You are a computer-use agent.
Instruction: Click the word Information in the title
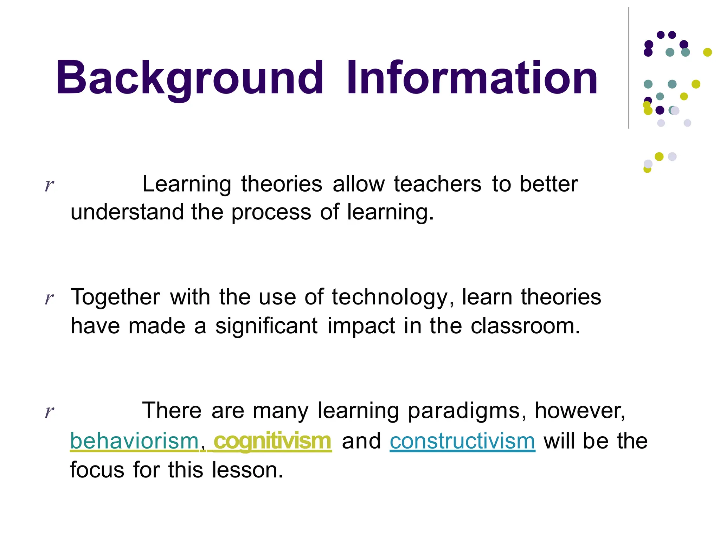point(471,78)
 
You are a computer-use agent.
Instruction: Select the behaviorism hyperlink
point(135,441)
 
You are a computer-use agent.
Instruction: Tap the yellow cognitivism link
point(272,441)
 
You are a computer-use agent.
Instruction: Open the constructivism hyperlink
point(462,441)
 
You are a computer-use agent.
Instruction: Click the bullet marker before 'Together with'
point(49,298)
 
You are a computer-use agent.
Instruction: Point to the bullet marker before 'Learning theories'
point(49,185)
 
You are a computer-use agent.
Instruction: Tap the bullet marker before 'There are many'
point(49,411)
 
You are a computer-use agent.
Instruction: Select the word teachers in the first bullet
point(437,184)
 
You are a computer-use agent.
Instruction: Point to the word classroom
point(525,326)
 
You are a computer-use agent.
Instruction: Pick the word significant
point(266,326)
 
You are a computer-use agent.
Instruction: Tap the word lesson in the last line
point(247,470)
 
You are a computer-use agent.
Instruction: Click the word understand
point(127,212)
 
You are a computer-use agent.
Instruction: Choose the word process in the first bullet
point(271,213)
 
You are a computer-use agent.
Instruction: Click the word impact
point(361,326)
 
